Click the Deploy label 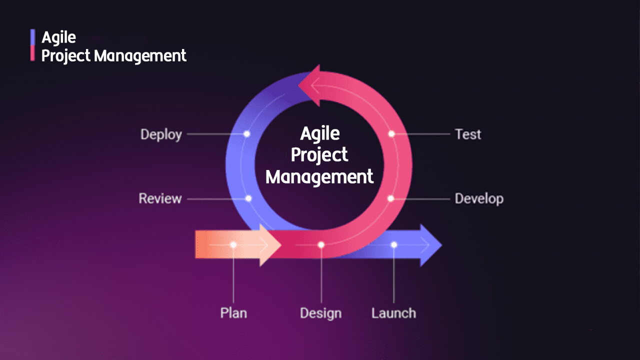[161, 134]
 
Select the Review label [160, 198]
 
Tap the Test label [468, 134]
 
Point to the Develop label [479, 199]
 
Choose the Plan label [233, 313]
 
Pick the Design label [320, 313]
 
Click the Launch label [393, 313]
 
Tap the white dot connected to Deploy [247, 133]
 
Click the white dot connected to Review [248, 198]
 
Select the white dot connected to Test [391, 133]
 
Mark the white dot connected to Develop [391, 198]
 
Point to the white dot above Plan [233, 245]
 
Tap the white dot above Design [321, 245]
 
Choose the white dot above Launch [394, 245]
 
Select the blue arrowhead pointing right [430, 245]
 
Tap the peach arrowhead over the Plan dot [269, 245]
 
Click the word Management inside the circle [319, 177]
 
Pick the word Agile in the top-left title [59, 37]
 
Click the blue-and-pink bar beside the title [32, 45]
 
